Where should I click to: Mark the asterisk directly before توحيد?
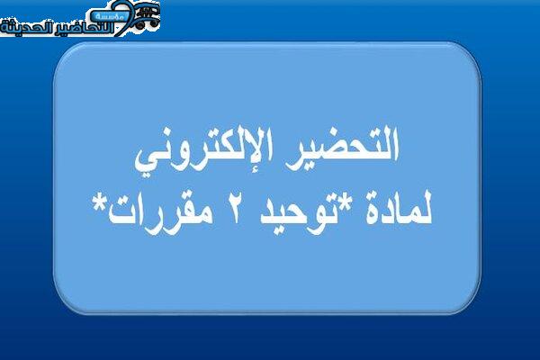[x=347, y=202]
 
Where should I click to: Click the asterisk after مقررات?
[x=100, y=202]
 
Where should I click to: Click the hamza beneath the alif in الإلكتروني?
[x=265, y=166]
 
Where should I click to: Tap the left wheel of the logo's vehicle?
[x=139, y=25]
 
